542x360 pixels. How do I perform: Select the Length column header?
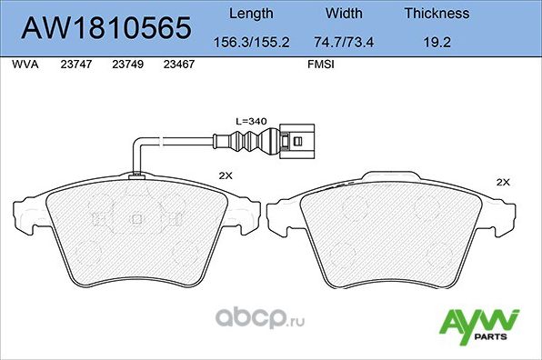250,14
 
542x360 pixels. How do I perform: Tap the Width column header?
344,14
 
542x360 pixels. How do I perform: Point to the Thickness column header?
437,14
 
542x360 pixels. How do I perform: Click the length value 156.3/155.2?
250,41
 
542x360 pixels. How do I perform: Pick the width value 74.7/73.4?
344,41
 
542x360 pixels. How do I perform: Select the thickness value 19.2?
437,41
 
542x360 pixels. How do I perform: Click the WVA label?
24,65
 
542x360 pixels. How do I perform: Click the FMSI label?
320,65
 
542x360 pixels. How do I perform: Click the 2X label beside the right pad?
503,183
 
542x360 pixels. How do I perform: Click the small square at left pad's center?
137,219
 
